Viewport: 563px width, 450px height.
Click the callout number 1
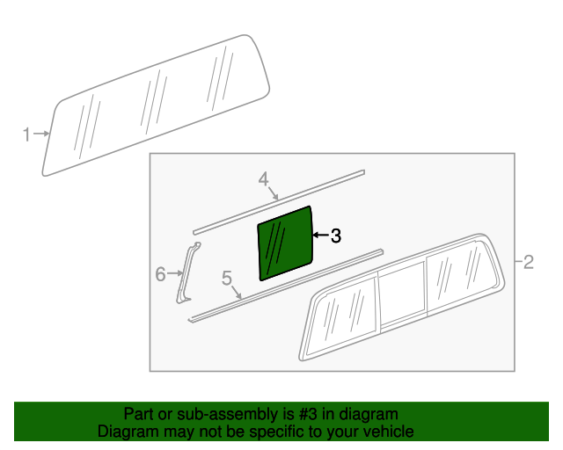(x=26, y=134)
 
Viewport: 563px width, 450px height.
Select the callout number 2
(x=529, y=262)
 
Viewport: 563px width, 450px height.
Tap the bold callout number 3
(x=336, y=236)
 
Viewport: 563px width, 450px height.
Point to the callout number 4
(x=264, y=178)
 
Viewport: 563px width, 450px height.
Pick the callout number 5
(x=227, y=278)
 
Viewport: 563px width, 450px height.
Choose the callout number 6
(x=160, y=274)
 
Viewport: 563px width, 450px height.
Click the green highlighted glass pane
(x=285, y=243)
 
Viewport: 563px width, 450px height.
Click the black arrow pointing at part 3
(x=321, y=235)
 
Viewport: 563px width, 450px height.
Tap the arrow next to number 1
(x=41, y=134)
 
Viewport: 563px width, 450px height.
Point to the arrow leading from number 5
(x=236, y=293)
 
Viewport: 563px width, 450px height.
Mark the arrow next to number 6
(x=176, y=273)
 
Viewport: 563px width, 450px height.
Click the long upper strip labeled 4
(x=279, y=202)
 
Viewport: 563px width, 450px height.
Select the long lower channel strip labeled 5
(x=285, y=286)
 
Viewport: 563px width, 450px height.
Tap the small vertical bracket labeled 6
(x=186, y=272)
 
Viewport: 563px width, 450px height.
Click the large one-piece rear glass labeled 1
(x=157, y=105)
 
